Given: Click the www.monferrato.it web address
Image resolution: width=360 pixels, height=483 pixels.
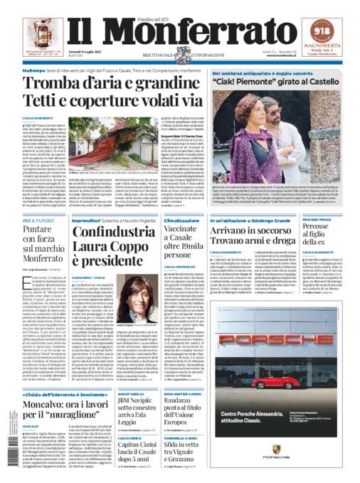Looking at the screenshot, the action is pos(274,55).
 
